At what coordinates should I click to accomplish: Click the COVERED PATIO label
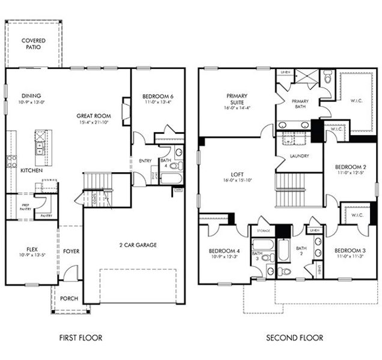[x=33, y=44]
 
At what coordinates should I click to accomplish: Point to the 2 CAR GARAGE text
[x=138, y=245]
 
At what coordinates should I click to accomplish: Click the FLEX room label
[x=32, y=249]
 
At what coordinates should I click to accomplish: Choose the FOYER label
[x=71, y=251]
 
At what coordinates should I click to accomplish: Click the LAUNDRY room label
[x=299, y=156]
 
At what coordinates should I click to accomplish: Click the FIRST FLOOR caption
[x=80, y=338]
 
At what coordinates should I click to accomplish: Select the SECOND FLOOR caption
[x=294, y=338]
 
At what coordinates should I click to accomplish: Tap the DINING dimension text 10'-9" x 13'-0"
[x=32, y=103]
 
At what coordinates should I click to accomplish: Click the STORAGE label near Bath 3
[x=263, y=230]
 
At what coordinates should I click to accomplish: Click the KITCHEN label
[x=31, y=170]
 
